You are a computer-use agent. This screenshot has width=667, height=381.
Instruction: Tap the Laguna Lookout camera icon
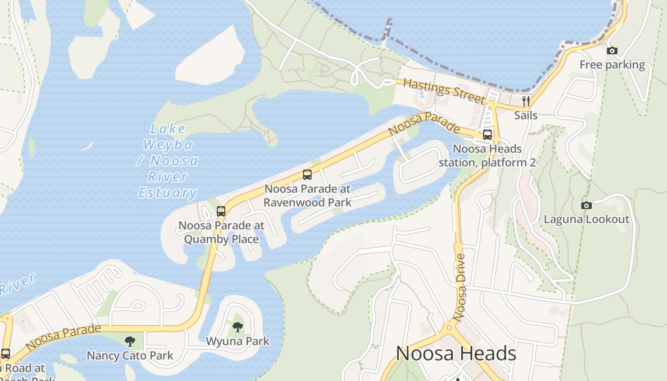pyautogui.click(x=586, y=205)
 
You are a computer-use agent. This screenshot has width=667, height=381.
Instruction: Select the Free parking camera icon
pyautogui.click(x=612, y=51)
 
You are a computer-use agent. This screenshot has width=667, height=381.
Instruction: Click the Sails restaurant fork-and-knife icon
pyautogui.click(x=526, y=101)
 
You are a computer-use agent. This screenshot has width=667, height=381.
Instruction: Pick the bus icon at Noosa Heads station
pyautogui.click(x=487, y=135)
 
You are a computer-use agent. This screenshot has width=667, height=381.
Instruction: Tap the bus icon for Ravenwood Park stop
pyautogui.click(x=307, y=175)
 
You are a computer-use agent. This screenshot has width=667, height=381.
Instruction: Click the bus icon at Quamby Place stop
pyautogui.click(x=221, y=211)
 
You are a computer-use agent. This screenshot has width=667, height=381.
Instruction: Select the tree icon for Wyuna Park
pyautogui.click(x=238, y=327)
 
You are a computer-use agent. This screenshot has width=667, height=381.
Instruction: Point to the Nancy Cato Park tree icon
pyautogui.click(x=130, y=341)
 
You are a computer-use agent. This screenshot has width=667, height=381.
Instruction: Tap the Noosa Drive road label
pyautogui.click(x=461, y=287)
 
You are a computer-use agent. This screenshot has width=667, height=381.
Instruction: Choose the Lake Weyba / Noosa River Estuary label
pyautogui.click(x=168, y=160)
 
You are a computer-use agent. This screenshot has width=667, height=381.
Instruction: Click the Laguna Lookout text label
pyautogui.click(x=586, y=219)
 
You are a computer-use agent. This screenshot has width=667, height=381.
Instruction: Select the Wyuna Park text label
pyautogui.click(x=237, y=341)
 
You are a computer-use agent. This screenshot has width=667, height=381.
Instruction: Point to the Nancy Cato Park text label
pyautogui.click(x=130, y=355)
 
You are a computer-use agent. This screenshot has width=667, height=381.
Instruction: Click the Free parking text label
pyautogui.click(x=612, y=65)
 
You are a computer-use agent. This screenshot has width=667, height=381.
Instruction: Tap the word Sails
pyautogui.click(x=526, y=115)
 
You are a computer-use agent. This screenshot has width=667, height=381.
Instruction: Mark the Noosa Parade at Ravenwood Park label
pyautogui.click(x=307, y=195)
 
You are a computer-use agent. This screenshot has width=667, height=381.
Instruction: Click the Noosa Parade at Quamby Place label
pyautogui.click(x=221, y=232)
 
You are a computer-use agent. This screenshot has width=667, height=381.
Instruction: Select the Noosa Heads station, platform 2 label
pyautogui.click(x=487, y=156)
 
